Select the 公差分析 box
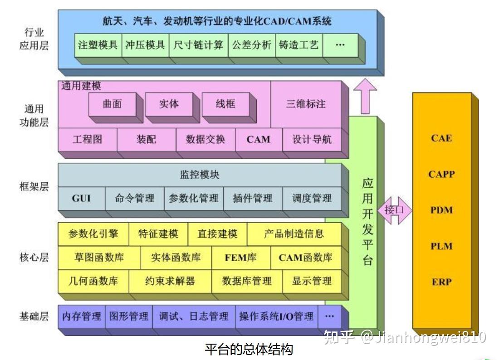[252, 45]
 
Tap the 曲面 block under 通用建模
[113, 104]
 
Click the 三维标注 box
[306, 104]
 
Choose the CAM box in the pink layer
[259, 140]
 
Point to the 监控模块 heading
[200, 175]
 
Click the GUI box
[82, 199]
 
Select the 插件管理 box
[253, 199]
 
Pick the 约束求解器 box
[170, 281]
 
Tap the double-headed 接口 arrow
[394, 210]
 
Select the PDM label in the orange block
[441, 210]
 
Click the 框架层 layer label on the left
[34, 187]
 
